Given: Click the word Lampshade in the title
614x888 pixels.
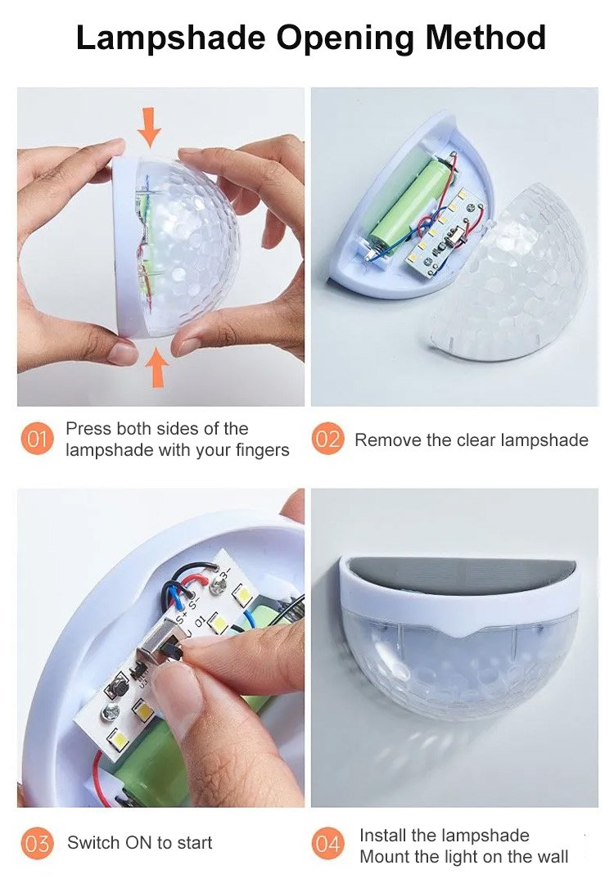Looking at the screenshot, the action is tap(170, 38).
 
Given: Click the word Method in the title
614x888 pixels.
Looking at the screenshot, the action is tap(485, 38).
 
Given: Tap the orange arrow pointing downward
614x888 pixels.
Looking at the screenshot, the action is tap(150, 127).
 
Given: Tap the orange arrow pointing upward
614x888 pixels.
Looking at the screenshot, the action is tap(157, 367).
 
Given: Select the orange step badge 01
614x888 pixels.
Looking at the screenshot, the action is tap(37, 439).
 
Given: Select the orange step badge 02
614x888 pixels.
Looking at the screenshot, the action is tap(327, 439).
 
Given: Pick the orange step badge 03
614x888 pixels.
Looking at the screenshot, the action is tap(37, 843).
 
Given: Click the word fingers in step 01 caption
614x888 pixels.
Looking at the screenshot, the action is tap(262, 451).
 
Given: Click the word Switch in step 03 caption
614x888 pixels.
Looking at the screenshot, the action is tap(93, 843).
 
